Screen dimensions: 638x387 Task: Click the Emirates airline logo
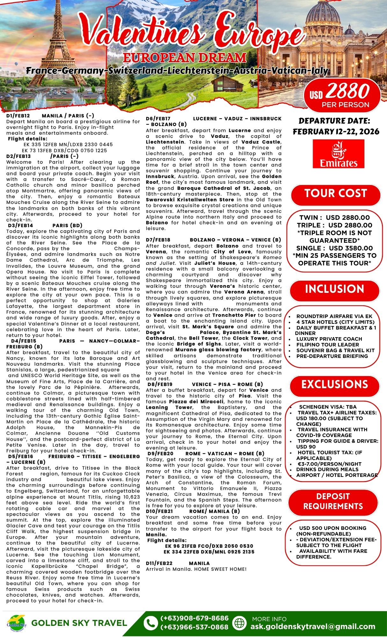[339, 153]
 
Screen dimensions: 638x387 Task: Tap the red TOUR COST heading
[336, 194]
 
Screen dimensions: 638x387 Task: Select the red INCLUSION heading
[334, 289]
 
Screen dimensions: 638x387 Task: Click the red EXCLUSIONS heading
[335, 384]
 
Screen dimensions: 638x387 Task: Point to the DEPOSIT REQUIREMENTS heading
[333, 501]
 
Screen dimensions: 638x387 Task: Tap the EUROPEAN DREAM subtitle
[185, 58]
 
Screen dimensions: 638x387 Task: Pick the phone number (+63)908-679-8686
[194, 618]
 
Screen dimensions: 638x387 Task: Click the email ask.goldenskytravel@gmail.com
[313, 627]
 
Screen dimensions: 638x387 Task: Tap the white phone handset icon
[150, 623]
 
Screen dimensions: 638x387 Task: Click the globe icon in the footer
[240, 623]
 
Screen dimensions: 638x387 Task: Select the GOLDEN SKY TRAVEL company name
[79, 623]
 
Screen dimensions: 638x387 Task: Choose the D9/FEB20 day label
[160, 454]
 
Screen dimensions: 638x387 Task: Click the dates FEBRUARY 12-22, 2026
[336, 132]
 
